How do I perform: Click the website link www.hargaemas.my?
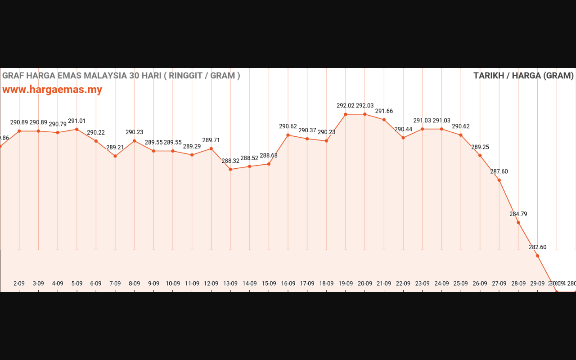pyautogui.click(x=52, y=90)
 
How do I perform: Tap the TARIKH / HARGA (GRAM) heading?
pyautogui.click(x=523, y=76)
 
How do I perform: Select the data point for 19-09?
pyautogui.click(x=346, y=114)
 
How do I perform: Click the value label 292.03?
pyautogui.click(x=364, y=106)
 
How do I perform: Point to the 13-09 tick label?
pyautogui.click(x=230, y=283)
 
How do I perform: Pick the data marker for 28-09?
pyautogui.click(x=518, y=222)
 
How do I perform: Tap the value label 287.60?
pyautogui.click(x=499, y=171)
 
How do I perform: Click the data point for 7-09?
pyautogui.click(x=115, y=156)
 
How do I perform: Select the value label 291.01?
pyautogui.click(x=76, y=121)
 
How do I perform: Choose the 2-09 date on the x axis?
pyautogui.click(x=19, y=283)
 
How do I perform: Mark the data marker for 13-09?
pyautogui.click(x=230, y=169)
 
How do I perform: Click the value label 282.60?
pyautogui.click(x=537, y=247)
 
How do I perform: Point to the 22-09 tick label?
pyautogui.click(x=403, y=283)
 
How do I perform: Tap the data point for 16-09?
pyautogui.click(x=288, y=135)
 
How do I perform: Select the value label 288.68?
pyautogui.click(x=269, y=156)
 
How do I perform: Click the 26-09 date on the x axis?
pyautogui.click(x=480, y=283)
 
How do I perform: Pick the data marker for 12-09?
pyautogui.click(x=211, y=148)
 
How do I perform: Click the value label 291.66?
pyautogui.click(x=384, y=111)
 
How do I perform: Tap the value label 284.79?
pyautogui.click(x=518, y=214)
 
